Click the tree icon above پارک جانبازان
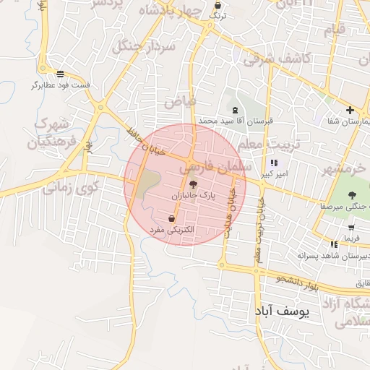point(192,186)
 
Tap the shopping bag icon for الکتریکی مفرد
point(171,219)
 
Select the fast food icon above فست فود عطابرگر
point(60,74)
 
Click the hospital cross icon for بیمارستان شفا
point(350,110)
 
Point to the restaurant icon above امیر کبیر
point(274,163)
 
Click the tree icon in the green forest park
point(352,195)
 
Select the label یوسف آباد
point(283,312)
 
